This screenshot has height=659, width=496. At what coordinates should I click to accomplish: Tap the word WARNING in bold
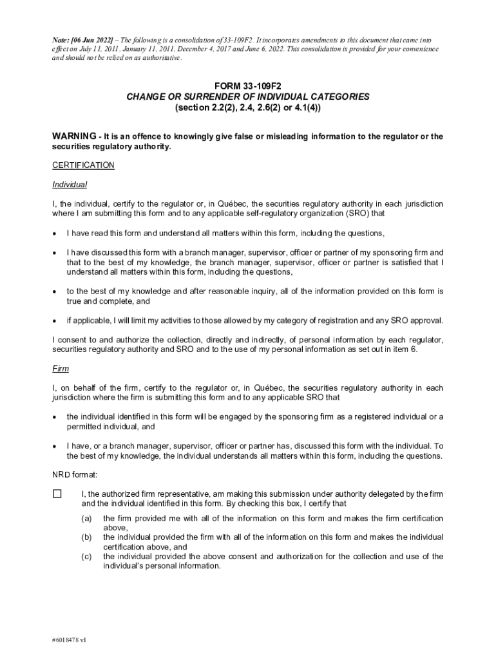(73, 136)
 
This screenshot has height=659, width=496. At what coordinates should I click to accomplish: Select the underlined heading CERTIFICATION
(83, 165)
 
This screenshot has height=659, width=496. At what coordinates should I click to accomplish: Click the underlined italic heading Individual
(70, 185)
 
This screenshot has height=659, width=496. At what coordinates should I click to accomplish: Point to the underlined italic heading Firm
(61, 369)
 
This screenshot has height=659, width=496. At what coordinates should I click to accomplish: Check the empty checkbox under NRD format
(57, 494)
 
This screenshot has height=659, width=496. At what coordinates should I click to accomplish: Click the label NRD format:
(75, 475)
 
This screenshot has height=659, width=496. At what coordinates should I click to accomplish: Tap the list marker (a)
(86, 518)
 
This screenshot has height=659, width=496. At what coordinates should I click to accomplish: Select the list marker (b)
(86, 537)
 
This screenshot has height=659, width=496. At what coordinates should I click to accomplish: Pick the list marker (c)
(86, 556)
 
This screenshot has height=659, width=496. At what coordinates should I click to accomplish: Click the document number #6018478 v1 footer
(69, 640)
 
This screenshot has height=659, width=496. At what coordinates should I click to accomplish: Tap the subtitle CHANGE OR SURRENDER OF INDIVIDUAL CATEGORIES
(248, 97)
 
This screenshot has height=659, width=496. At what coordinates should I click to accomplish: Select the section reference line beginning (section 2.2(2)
(247, 107)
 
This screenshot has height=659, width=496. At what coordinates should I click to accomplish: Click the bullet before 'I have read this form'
(55, 233)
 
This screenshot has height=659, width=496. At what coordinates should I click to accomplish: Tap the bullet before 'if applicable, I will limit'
(55, 320)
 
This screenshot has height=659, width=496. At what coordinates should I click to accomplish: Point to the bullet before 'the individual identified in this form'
(55, 416)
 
